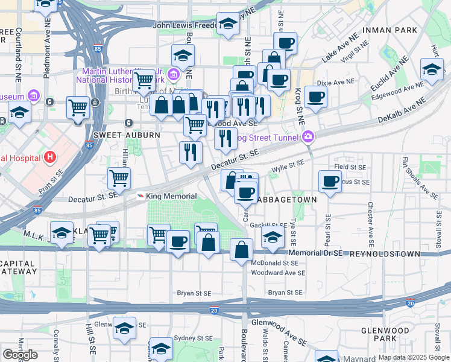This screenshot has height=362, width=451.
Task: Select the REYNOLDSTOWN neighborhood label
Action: (x=385, y=254)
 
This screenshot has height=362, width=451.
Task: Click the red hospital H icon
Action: (x=50, y=158)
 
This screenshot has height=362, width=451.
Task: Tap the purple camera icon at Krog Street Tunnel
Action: (x=309, y=137)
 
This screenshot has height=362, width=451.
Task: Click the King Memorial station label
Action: (x=171, y=196)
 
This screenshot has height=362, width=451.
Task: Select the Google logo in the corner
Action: (x=20, y=355)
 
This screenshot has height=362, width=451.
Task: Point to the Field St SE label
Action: (x=350, y=167)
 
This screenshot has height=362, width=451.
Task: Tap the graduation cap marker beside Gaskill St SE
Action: (x=273, y=237)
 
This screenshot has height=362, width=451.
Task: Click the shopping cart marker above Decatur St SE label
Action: (x=119, y=178)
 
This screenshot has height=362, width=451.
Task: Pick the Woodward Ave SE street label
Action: (x=279, y=273)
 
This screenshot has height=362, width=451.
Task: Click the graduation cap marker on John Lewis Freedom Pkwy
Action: (x=228, y=24)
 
